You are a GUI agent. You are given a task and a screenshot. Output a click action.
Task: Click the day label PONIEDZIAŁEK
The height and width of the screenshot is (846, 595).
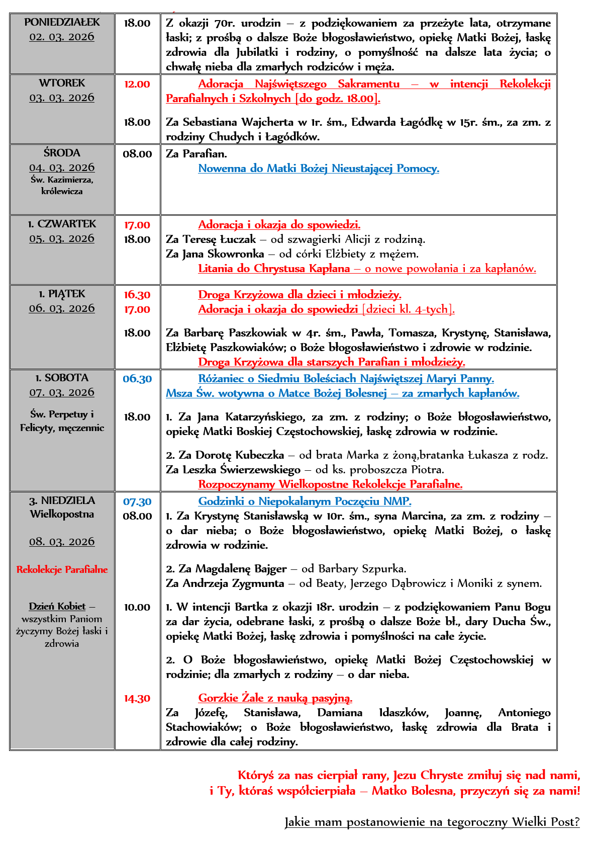[x=62, y=22]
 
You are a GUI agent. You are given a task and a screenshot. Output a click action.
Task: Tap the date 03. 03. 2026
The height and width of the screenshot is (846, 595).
[x=62, y=98]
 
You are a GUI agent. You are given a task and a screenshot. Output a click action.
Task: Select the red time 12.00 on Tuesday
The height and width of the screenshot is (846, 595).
[x=137, y=84]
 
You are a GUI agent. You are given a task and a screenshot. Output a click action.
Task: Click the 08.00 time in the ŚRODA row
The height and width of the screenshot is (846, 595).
[x=137, y=154]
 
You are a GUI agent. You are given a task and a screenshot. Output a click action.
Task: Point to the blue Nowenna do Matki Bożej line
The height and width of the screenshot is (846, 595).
[x=319, y=168]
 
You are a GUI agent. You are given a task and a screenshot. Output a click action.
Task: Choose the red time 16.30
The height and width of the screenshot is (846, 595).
[x=137, y=295]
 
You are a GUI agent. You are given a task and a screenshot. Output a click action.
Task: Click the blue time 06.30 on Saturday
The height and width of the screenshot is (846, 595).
[x=137, y=379]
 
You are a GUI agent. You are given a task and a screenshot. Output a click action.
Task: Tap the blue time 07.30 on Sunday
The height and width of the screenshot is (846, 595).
[x=137, y=501]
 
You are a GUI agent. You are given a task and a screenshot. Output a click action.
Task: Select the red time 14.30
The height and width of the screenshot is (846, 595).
[x=137, y=698]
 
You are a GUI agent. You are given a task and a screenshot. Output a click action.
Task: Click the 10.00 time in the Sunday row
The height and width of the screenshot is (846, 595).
[x=137, y=607]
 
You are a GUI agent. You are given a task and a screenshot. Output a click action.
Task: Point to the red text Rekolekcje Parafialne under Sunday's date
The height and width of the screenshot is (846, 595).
[x=62, y=569]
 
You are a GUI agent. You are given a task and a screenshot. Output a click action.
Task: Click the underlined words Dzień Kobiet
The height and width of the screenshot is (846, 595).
[x=57, y=606]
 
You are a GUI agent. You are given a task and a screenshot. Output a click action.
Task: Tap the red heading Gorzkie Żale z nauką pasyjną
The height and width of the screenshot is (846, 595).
[x=275, y=698]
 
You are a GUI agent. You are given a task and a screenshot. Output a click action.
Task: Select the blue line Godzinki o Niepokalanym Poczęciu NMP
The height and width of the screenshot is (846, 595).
[x=305, y=501]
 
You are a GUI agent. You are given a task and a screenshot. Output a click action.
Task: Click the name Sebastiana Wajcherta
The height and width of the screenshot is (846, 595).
[x=238, y=122]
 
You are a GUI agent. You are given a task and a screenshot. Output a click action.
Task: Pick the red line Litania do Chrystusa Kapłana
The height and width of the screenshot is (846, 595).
[x=367, y=269]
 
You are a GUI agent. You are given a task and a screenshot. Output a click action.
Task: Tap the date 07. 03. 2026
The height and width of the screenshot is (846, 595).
[x=62, y=392]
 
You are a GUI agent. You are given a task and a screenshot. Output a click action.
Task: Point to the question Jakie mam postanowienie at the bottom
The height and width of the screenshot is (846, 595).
[x=432, y=822]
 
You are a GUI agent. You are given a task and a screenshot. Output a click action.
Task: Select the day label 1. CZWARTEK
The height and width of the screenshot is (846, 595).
[x=62, y=224]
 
